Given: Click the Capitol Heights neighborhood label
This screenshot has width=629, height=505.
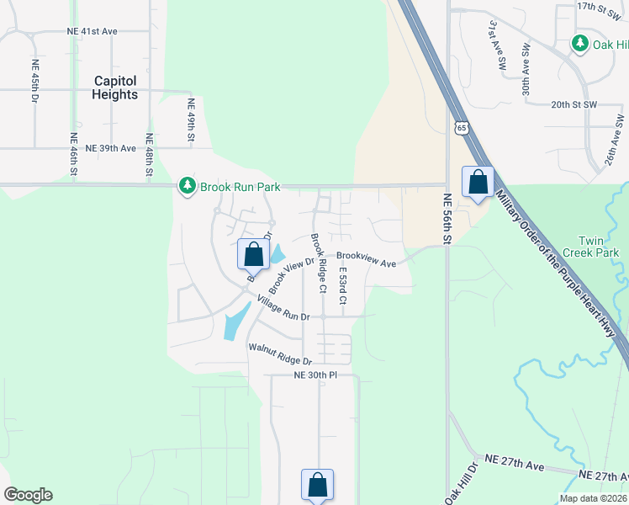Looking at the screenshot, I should pyautogui.click(x=115, y=88).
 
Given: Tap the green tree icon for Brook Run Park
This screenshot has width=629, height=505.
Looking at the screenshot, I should pyautogui.click(x=188, y=186).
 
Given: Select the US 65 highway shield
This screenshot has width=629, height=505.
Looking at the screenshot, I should pyautogui.click(x=459, y=127).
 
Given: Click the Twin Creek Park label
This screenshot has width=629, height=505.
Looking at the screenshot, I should pyautogui.click(x=597, y=247).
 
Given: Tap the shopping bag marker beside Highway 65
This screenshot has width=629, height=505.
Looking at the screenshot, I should pyautogui.click(x=478, y=183).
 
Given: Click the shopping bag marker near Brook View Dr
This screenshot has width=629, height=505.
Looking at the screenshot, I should pyautogui.click(x=252, y=253).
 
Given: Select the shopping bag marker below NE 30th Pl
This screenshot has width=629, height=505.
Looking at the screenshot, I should pyautogui.click(x=317, y=485).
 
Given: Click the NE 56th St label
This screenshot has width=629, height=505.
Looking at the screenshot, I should pyautogui.click(x=447, y=218).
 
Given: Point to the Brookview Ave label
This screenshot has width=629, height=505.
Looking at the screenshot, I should pyautogui.click(x=366, y=259).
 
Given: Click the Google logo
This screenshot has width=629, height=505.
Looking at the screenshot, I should pyautogui.click(x=28, y=495).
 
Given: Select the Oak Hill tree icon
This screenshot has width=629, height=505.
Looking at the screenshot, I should pyautogui.click(x=579, y=43).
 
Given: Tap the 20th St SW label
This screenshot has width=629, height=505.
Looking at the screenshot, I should pyautogui.click(x=573, y=104).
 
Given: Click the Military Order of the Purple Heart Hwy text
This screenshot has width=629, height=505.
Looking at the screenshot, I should pyautogui.click(x=562, y=261).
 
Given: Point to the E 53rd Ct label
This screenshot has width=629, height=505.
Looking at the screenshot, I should pyautogui.click(x=342, y=287).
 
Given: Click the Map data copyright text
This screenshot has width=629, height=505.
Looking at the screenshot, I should pyautogui.click(x=592, y=498).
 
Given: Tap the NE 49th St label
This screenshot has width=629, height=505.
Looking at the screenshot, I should pyautogui.click(x=191, y=120).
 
